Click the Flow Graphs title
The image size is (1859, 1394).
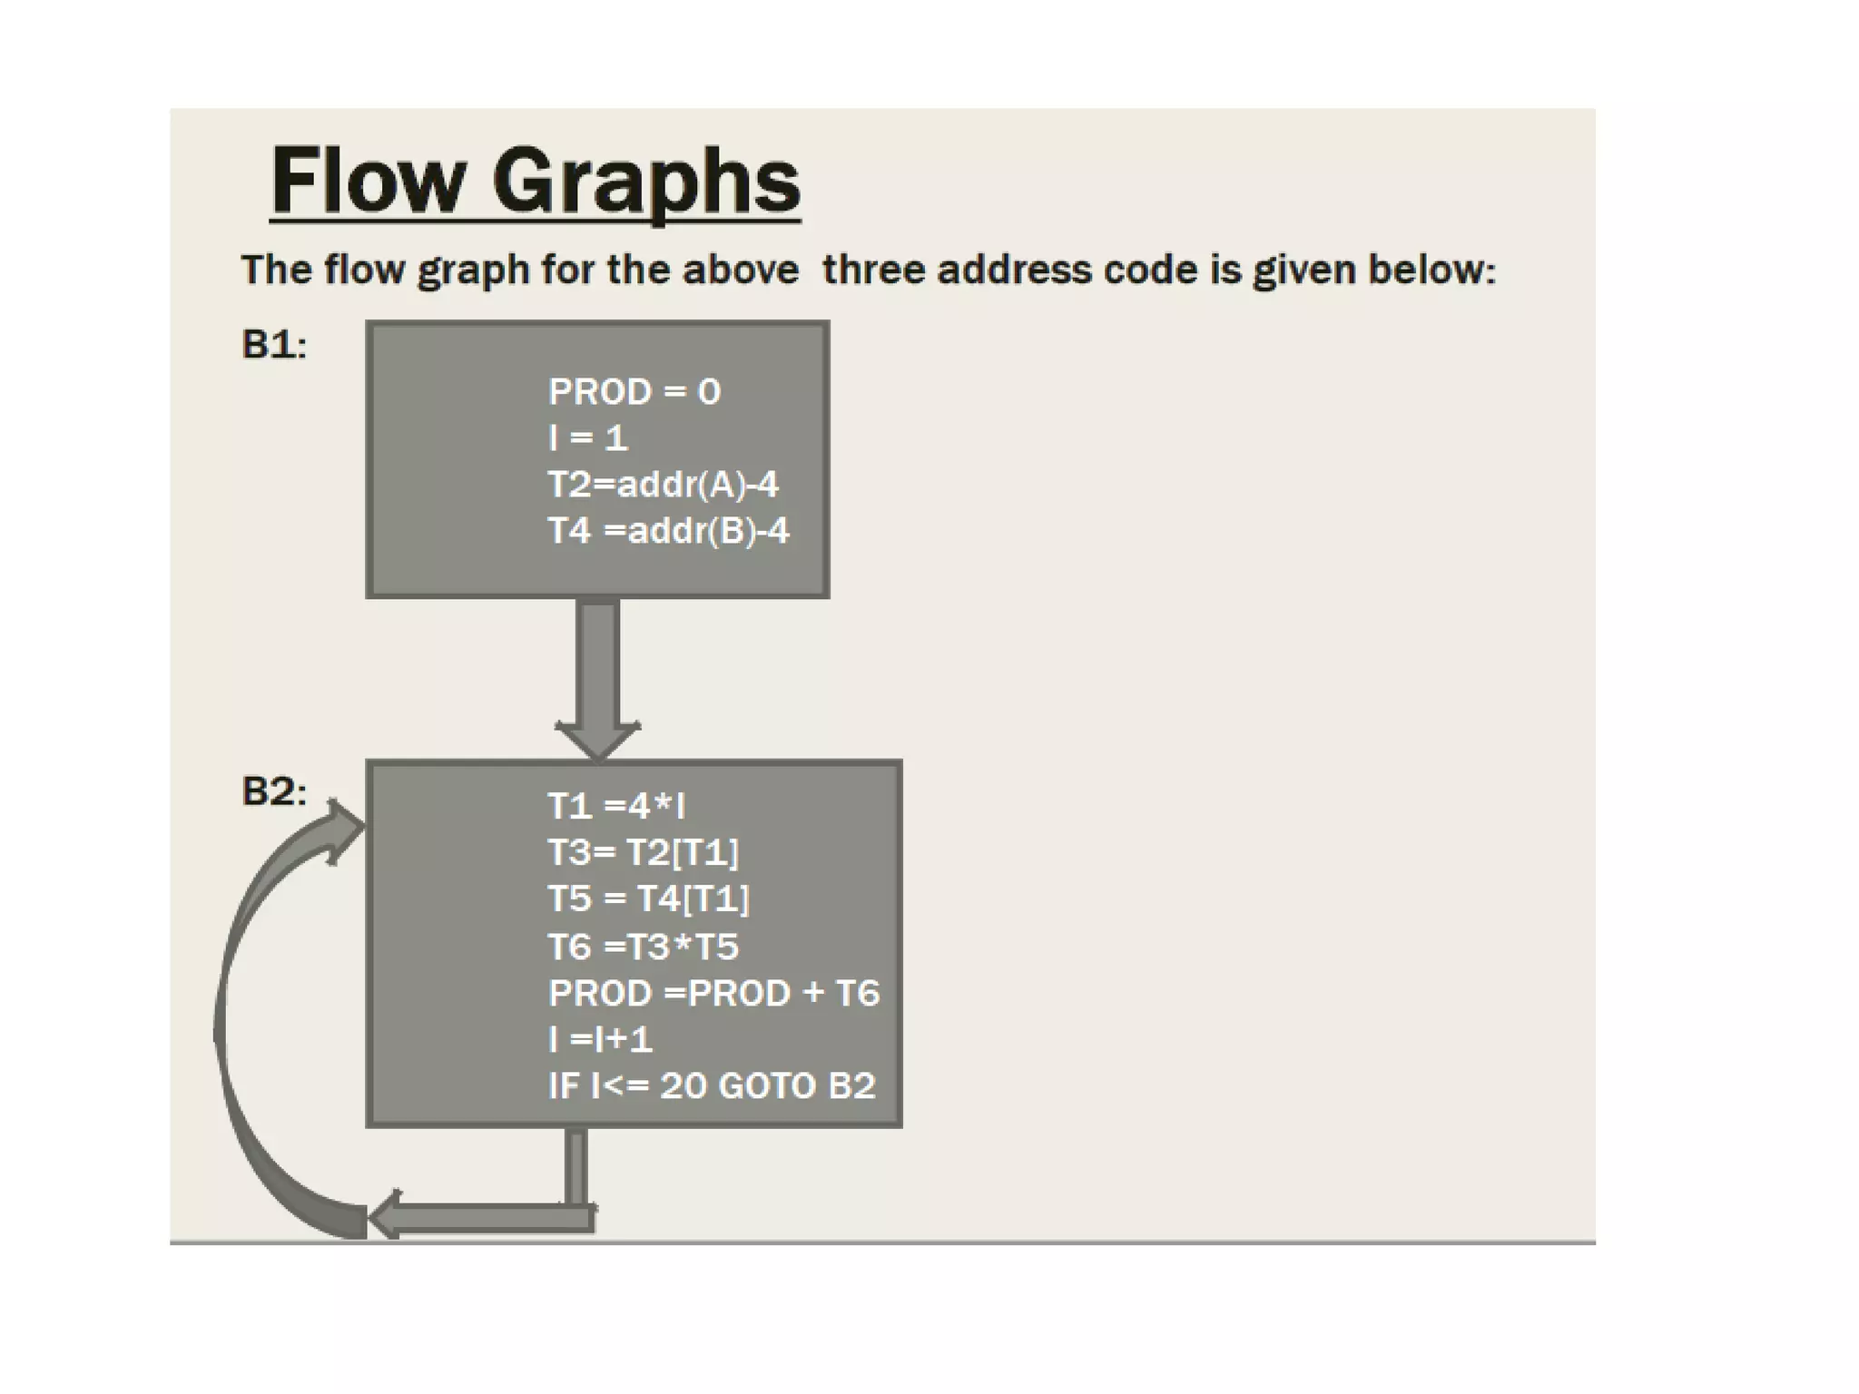coord(536,182)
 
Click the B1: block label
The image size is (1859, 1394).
coord(274,345)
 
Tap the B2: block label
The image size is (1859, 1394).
coord(274,791)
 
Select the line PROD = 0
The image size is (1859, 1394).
coord(634,392)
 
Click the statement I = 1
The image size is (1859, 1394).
coord(588,438)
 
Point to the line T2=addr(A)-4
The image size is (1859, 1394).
coord(663,485)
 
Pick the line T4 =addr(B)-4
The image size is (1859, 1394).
coord(668,531)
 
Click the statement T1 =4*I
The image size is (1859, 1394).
coord(616,806)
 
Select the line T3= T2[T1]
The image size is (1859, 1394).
coord(644,852)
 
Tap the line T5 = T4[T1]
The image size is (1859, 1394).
coord(649,899)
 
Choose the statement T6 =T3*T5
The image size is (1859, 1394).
coord(644,947)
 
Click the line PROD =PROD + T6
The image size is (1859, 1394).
coord(714,993)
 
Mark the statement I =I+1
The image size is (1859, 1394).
coord(600,1039)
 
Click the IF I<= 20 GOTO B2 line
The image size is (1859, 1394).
coord(712,1085)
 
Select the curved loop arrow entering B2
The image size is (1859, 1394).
coord(238,998)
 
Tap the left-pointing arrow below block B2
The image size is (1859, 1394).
coord(481,1216)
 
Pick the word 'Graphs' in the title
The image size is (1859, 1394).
coord(646,182)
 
